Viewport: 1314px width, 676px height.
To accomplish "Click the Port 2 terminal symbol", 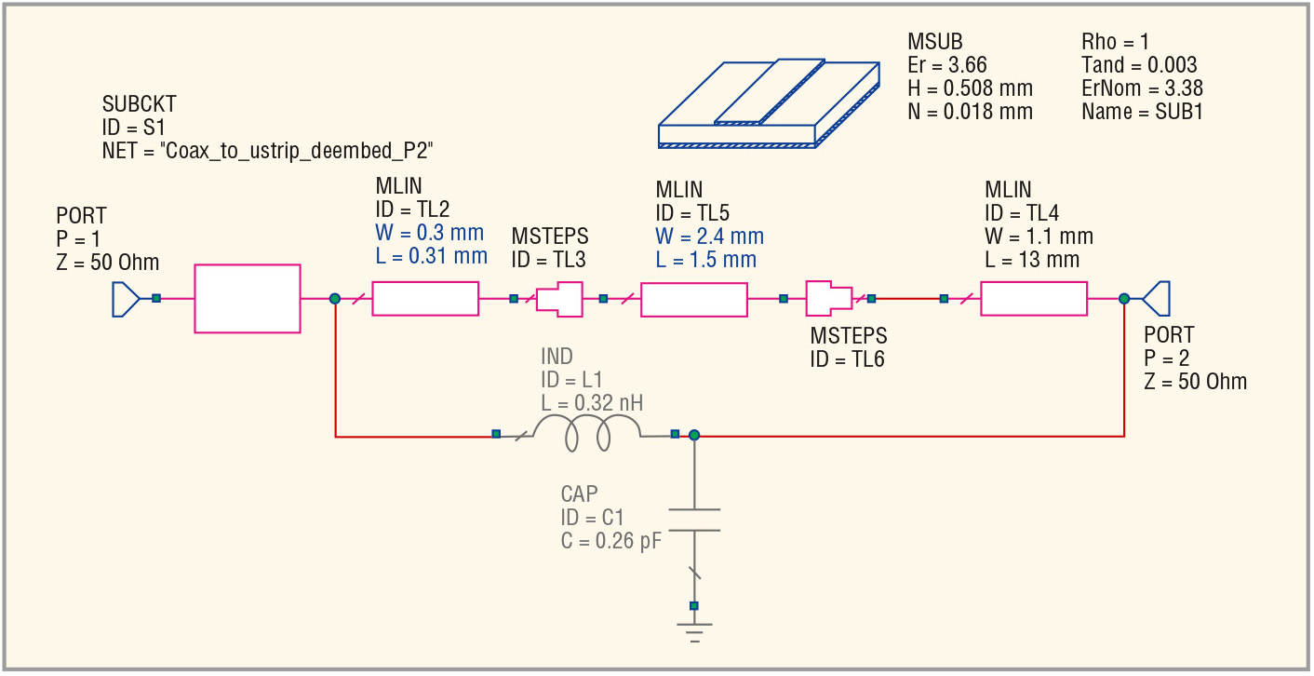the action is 1156,299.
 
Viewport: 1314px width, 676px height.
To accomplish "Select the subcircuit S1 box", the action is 248,299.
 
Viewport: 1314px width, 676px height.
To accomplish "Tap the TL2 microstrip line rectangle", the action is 425,299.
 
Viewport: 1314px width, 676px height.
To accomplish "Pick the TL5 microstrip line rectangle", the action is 694,300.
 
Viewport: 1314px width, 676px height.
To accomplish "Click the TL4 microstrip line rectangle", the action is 1034,299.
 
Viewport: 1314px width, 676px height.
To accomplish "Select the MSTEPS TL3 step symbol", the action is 559,299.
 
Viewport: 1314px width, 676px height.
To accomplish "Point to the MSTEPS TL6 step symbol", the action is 829,299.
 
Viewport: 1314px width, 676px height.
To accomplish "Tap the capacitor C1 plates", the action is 694,520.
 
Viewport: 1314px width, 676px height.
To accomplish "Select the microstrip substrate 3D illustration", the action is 769,103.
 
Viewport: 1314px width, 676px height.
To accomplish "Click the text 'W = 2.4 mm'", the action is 710,237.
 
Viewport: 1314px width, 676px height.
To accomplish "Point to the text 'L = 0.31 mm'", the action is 431,256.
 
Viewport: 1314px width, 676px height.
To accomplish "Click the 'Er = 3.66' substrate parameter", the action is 946,64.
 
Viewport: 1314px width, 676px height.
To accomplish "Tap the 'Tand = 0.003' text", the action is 1139,64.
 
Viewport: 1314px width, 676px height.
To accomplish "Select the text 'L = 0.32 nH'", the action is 592,403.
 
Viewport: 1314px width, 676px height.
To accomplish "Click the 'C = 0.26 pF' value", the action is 611,540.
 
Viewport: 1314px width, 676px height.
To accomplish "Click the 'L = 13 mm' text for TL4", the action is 1032,260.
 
